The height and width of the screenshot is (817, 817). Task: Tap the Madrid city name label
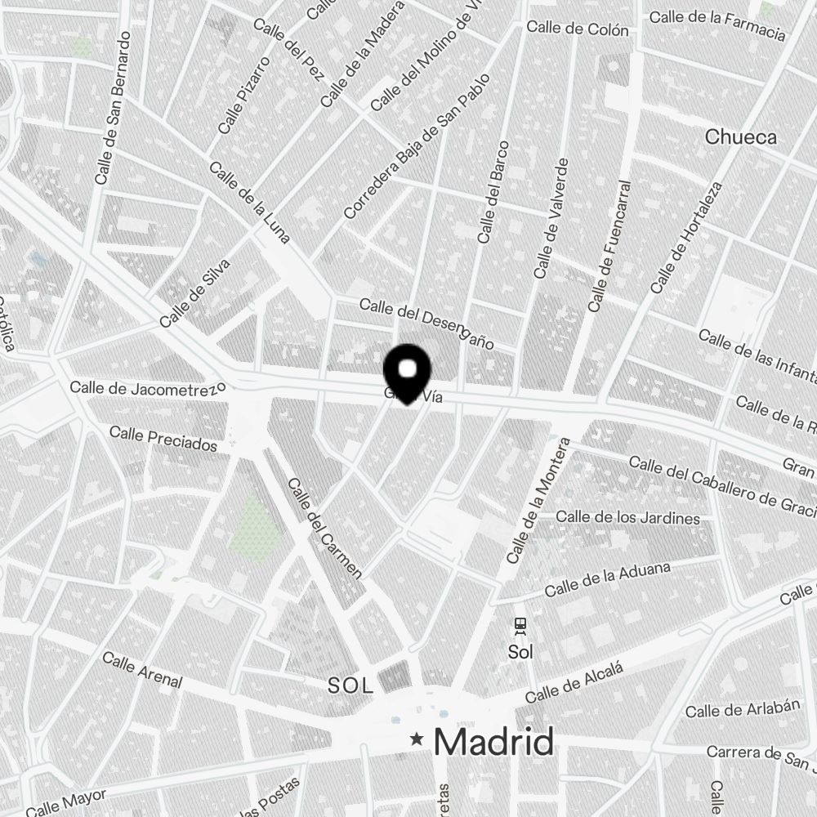(493, 742)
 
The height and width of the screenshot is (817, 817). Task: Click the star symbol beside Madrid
(417, 739)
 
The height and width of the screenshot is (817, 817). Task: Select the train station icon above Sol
(520, 627)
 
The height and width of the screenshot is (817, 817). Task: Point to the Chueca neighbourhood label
(740, 136)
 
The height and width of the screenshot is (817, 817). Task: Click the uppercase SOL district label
(350, 685)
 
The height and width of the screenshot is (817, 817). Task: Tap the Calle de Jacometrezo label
(147, 387)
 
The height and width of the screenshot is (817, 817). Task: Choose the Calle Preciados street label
(163, 438)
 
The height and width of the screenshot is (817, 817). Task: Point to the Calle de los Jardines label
(627, 517)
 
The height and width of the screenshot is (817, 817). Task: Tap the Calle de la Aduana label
(607, 578)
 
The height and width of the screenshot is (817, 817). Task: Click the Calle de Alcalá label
(574, 683)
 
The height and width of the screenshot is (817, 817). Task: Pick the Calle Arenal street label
(142, 669)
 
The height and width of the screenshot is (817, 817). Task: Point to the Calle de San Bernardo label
(114, 107)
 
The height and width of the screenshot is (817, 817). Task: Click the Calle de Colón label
(578, 29)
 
